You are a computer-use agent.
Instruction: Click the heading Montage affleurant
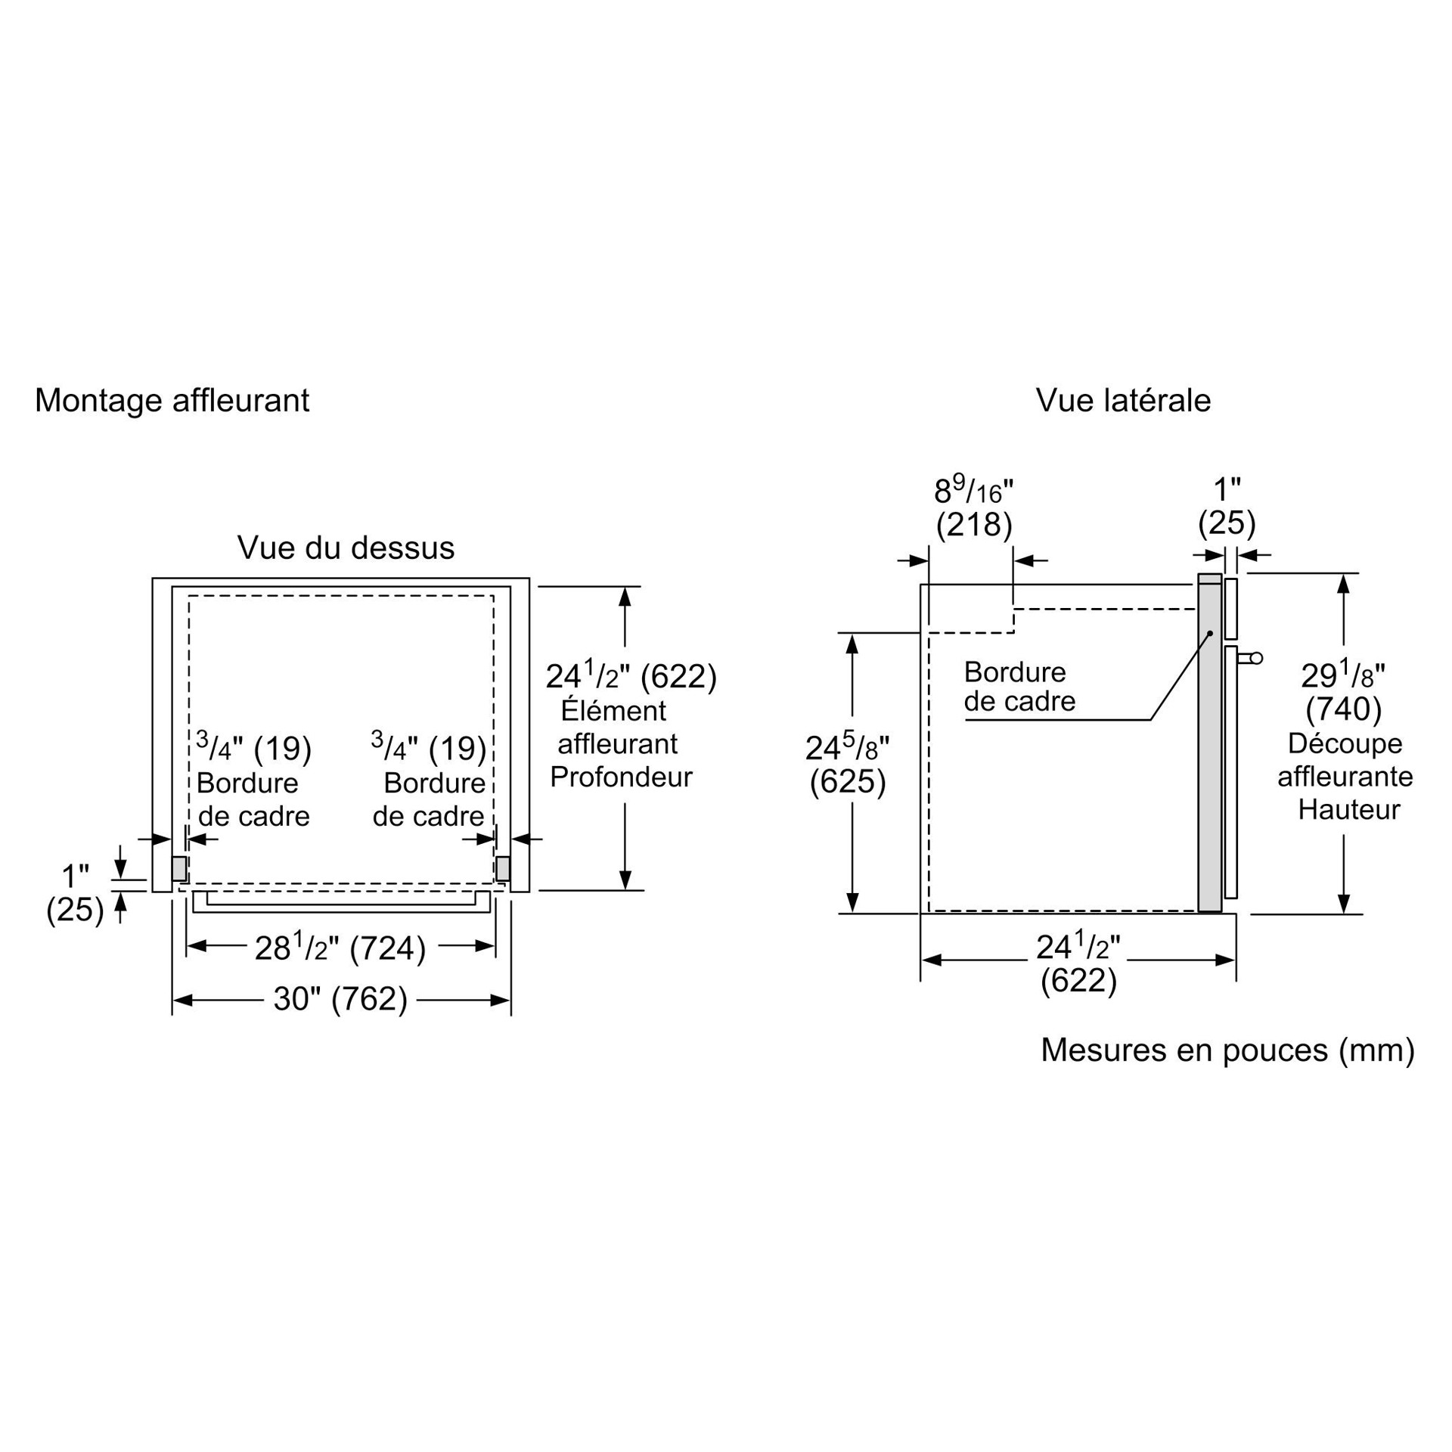[172, 400]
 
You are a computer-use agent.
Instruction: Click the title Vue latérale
[1123, 400]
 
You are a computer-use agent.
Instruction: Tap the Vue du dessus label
[346, 548]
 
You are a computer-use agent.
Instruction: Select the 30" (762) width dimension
[340, 999]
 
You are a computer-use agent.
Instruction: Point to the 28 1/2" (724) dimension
[340, 948]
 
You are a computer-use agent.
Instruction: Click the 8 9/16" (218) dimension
[973, 508]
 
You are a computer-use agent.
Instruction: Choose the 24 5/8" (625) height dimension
[847, 765]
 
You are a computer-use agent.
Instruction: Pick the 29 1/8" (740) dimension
[1343, 691]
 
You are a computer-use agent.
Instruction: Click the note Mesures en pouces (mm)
[1227, 1050]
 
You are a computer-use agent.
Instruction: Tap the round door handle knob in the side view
[1256, 659]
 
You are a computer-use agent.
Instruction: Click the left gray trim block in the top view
[179, 868]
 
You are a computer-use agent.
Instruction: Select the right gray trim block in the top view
[503, 868]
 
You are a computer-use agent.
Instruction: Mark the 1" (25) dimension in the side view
[1227, 506]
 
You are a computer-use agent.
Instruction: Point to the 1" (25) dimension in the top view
[75, 893]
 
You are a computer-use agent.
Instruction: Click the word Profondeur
[621, 777]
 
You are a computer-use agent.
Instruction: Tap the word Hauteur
[1349, 810]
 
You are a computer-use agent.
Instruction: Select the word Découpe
[1345, 743]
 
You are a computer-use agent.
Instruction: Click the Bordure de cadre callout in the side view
[1019, 687]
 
